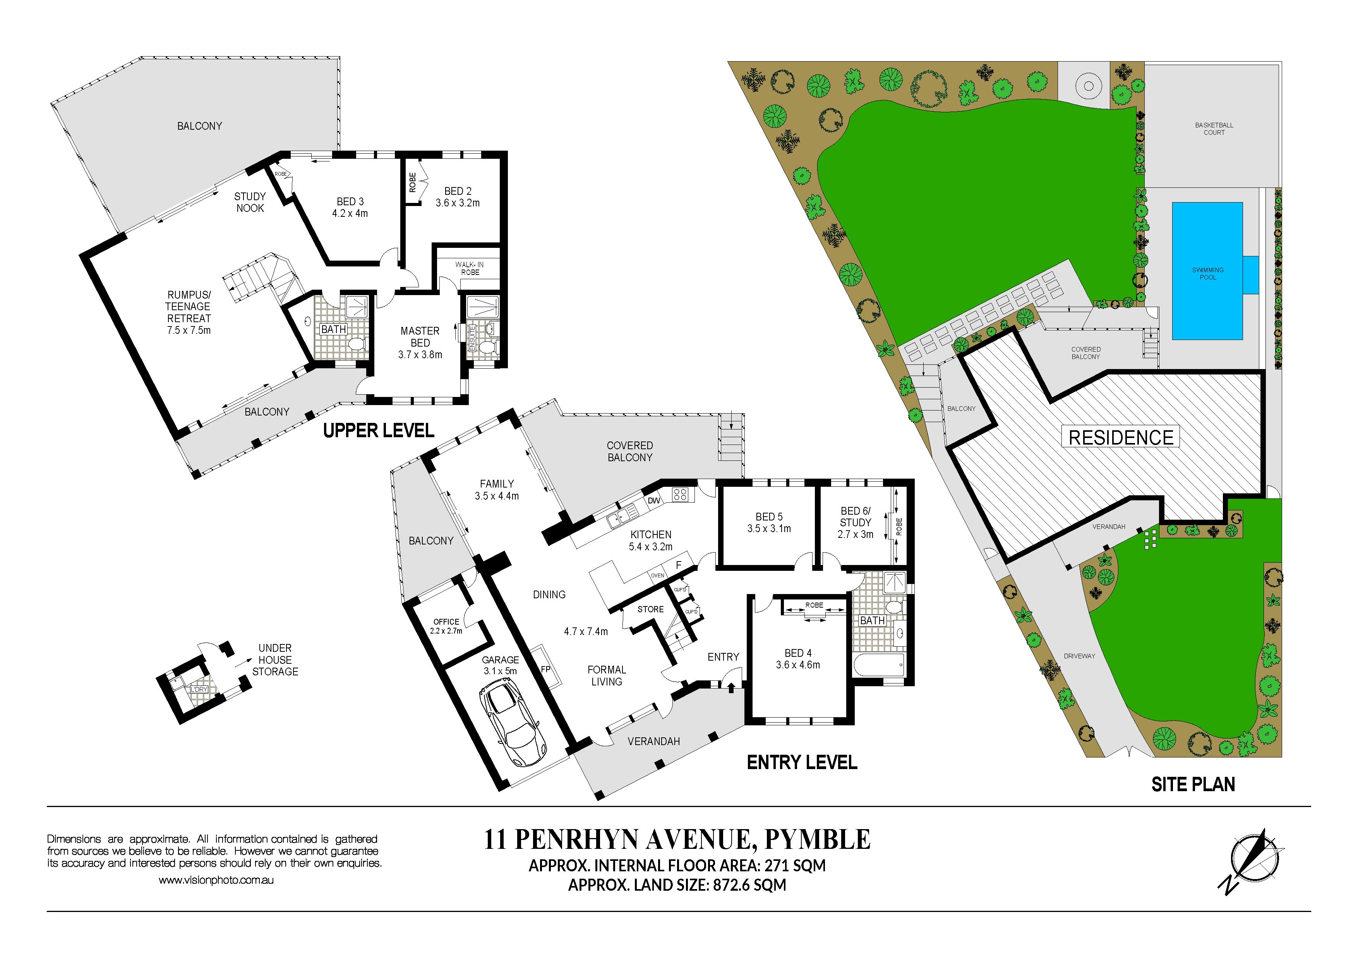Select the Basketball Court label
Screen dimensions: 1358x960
point(1214,129)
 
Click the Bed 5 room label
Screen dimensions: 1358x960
point(769,522)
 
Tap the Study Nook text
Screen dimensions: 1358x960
point(250,202)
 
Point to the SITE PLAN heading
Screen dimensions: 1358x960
point(1193,784)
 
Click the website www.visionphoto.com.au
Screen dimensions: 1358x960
point(216,880)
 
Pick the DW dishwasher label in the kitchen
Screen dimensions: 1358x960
point(653,500)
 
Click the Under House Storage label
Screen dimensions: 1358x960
point(275,659)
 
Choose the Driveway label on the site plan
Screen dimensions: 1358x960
point(1079,656)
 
